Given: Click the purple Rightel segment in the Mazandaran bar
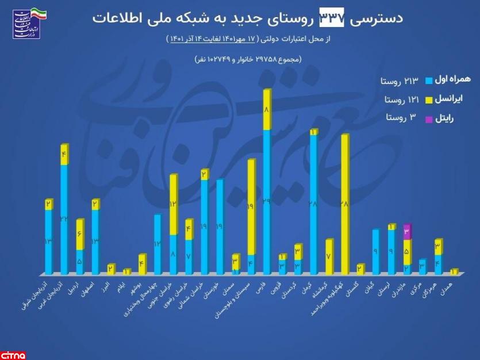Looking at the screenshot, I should click(407, 232).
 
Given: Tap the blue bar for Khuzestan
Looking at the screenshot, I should click(220, 227).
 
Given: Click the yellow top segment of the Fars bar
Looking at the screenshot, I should click(266, 110).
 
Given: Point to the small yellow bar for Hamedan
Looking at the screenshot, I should click(454, 271).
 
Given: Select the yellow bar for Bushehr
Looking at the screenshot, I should click(142, 264).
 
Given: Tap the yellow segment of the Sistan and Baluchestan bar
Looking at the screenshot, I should click(251, 207).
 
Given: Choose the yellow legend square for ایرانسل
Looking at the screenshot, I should click(428, 99).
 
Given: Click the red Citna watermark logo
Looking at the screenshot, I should click(17, 353).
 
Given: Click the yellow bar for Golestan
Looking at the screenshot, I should click(360, 269).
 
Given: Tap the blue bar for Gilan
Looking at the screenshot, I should click(375, 251).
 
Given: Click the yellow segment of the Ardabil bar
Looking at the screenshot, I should click(80, 235).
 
